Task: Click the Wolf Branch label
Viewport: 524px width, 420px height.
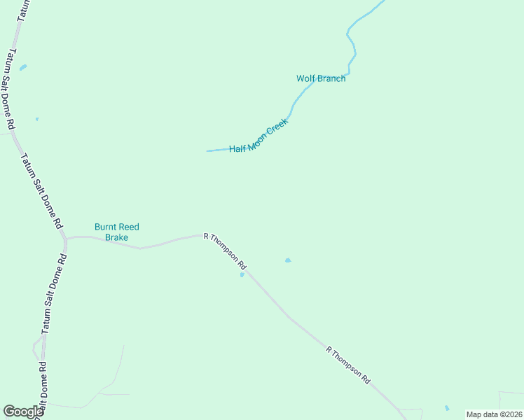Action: [x=321, y=78]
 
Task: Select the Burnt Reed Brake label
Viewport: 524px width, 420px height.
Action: [x=117, y=232]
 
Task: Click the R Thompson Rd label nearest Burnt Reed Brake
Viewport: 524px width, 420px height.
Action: [x=225, y=252]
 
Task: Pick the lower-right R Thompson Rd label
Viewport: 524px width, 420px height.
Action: [x=348, y=364]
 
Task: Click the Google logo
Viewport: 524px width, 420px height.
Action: [x=23, y=412]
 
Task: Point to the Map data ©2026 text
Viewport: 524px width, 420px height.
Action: [x=494, y=414]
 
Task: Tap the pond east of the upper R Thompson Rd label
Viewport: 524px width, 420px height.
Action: [x=287, y=260]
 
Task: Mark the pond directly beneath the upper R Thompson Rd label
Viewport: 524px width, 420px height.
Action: [x=242, y=274]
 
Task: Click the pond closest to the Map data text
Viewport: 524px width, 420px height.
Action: [x=447, y=407]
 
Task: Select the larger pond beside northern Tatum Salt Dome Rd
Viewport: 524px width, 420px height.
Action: [x=23, y=68]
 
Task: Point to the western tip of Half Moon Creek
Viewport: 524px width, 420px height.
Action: [x=207, y=150]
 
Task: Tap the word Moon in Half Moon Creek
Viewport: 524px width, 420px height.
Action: [x=259, y=136]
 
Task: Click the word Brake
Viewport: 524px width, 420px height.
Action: [x=117, y=237]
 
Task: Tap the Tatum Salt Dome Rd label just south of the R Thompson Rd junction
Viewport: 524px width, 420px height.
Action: [x=53, y=294]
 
